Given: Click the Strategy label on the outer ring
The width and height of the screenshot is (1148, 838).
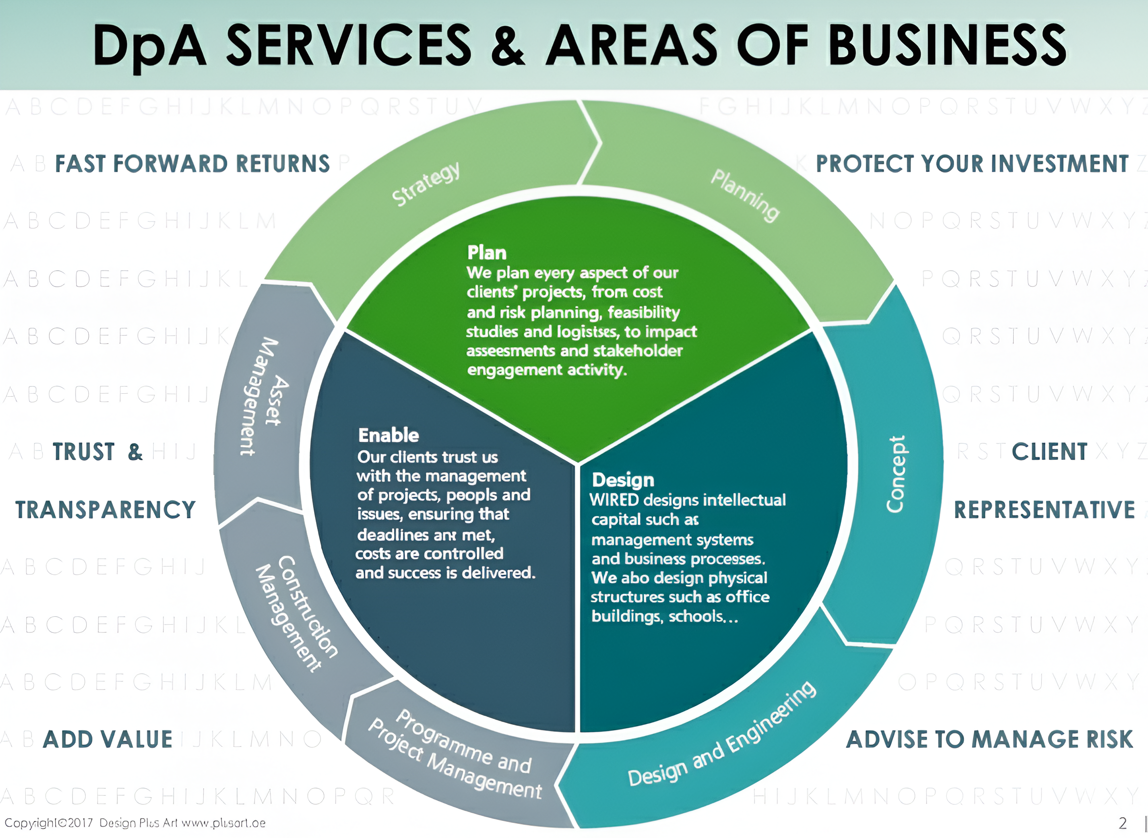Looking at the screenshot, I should click(426, 184).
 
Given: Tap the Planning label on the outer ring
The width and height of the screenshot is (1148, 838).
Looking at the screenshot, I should click(744, 195).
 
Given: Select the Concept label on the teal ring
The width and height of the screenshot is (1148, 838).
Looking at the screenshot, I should click(896, 474).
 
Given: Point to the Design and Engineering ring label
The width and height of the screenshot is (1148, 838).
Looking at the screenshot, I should click(721, 735).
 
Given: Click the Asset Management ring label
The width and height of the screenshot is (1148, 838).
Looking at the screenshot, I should click(265, 396).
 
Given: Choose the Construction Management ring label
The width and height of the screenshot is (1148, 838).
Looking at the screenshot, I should click(297, 613).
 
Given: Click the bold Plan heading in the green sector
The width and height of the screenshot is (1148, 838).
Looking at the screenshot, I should click(487, 253).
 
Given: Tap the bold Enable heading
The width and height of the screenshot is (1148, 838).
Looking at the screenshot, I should click(388, 435).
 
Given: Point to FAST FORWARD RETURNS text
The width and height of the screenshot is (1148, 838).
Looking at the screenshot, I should click(192, 164).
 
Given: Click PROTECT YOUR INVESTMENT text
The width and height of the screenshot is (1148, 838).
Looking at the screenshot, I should click(972, 164).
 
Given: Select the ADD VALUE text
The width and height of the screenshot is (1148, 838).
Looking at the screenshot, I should click(108, 739).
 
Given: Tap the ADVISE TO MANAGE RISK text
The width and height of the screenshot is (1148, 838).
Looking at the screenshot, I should click(989, 739).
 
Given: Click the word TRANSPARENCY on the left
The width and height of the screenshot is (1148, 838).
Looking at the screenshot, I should click(106, 510).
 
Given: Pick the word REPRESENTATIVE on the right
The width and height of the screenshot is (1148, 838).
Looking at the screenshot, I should click(1044, 510).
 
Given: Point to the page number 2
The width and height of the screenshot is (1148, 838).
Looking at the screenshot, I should click(1123, 822).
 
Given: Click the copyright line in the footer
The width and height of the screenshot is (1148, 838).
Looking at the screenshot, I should click(135, 823).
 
